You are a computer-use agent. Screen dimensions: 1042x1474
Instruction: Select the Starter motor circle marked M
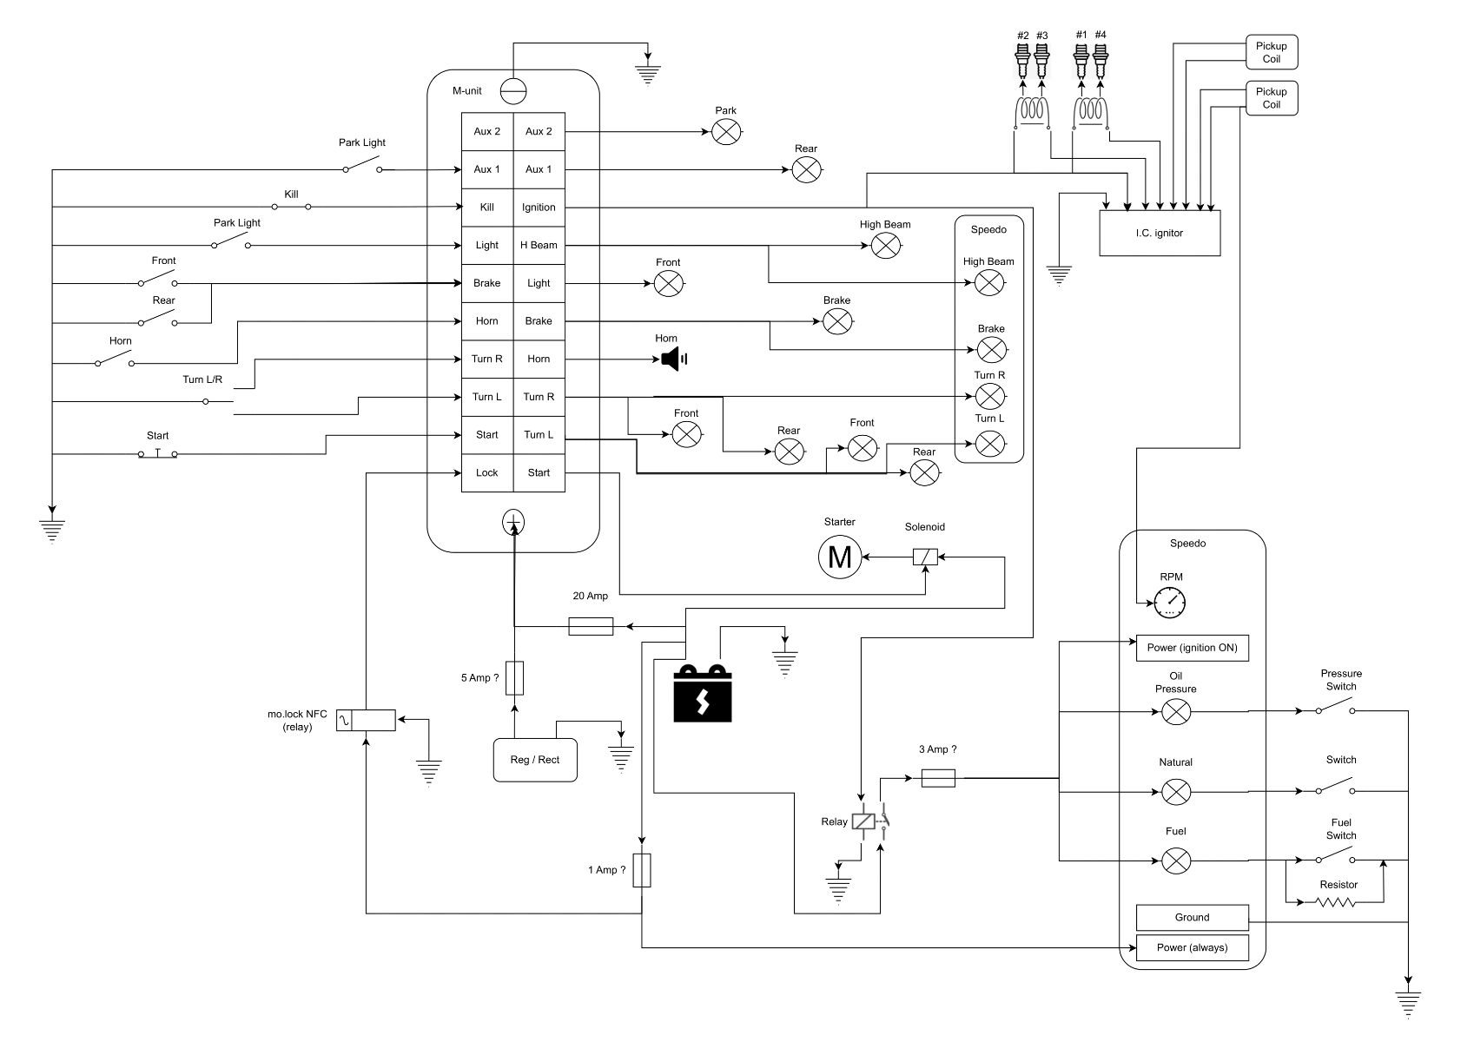point(840,557)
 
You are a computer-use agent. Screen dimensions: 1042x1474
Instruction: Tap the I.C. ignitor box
point(1159,233)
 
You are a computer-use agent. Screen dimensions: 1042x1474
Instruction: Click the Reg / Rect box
point(535,760)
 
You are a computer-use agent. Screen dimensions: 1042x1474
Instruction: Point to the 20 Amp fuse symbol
point(591,626)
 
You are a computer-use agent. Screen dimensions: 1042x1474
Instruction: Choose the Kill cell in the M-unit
point(486,208)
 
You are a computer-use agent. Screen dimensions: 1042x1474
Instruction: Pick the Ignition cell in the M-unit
point(539,208)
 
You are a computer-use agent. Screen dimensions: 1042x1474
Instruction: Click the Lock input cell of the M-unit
point(486,473)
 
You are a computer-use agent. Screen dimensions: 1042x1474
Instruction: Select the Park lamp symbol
point(725,132)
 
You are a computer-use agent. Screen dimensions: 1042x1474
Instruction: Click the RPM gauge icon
point(1170,602)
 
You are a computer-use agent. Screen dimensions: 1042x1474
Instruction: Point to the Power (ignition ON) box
point(1192,648)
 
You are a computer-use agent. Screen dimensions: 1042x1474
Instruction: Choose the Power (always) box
point(1192,947)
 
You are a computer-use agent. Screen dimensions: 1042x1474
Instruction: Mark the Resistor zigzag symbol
point(1337,902)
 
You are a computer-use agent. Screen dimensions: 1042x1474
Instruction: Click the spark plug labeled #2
point(1022,61)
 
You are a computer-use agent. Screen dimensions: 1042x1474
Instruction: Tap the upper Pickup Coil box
point(1271,53)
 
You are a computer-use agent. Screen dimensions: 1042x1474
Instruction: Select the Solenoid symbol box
point(925,557)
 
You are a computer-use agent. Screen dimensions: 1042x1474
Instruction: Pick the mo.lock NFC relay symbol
point(366,720)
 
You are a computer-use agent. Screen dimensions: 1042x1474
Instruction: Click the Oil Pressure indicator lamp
point(1176,712)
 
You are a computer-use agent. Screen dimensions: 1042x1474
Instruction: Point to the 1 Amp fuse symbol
point(642,870)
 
